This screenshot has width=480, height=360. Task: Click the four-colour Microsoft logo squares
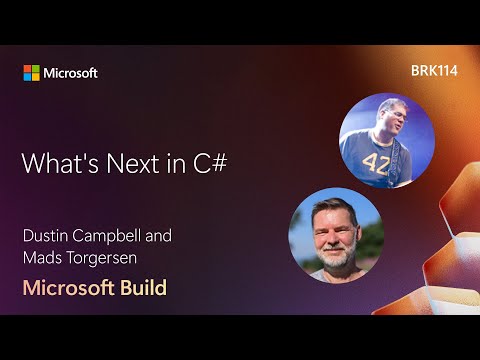[x=32, y=73]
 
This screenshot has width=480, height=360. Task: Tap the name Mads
[x=44, y=258]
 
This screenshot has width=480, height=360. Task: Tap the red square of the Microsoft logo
[x=28, y=69]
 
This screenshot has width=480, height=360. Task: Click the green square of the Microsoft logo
[x=36, y=69]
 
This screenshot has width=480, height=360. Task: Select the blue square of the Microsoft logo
[x=28, y=77]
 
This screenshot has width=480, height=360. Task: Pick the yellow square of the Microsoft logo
[x=36, y=77]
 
